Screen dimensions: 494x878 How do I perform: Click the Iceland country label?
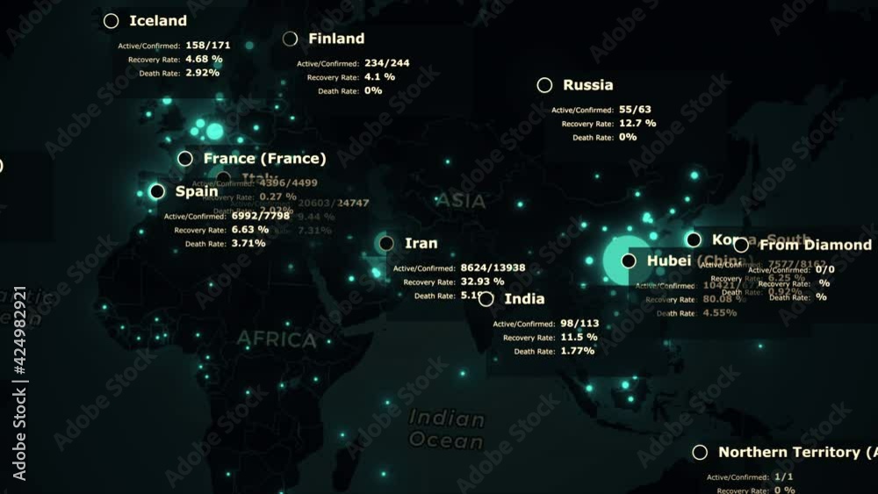[158, 21]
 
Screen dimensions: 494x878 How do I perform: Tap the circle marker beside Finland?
[291, 39]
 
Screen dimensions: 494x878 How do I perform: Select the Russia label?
[587, 85]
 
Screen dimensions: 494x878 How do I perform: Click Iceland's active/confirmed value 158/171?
[208, 45]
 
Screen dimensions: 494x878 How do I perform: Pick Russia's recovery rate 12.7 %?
[637, 124]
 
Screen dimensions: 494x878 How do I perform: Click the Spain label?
[197, 191]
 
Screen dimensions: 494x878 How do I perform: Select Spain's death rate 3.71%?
[248, 243]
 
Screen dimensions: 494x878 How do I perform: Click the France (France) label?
[264, 159]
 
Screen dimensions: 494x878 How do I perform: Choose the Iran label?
[421, 243]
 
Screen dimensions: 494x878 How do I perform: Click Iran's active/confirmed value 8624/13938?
[493, 268]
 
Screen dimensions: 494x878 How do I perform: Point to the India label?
[524, 299]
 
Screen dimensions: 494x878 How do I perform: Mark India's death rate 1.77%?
[577, 351]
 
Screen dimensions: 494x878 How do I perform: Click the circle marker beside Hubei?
[629, 261]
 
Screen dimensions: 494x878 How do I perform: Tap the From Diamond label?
[815, 245]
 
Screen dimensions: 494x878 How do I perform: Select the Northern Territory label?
[795, 452]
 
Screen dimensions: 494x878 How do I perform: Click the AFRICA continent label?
[277, 339]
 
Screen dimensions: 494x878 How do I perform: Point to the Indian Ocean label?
[446, 429]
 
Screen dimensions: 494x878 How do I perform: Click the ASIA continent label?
[461, 201]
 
